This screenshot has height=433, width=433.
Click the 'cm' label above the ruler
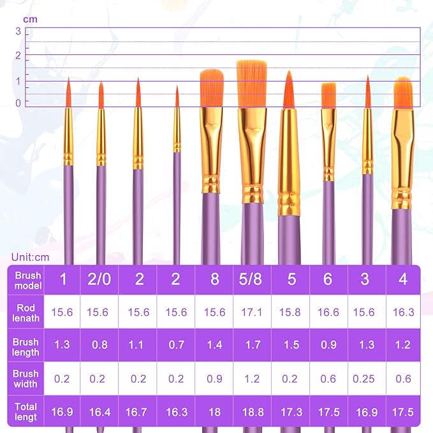30,19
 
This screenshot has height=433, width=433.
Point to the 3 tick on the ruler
18,31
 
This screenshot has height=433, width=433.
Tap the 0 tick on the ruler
18,103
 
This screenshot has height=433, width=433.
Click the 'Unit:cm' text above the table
30,257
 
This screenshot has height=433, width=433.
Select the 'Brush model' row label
26,281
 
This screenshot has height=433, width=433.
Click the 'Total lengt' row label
26,411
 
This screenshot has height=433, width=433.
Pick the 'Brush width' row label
26,379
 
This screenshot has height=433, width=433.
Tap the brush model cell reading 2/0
100,280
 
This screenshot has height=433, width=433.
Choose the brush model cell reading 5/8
252,280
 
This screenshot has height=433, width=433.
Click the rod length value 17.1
252,312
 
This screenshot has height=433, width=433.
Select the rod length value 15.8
290,312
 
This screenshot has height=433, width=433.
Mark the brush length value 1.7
252,345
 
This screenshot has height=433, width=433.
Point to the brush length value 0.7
176,345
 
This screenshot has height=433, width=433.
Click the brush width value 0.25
365,379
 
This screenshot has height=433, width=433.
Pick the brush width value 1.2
252,379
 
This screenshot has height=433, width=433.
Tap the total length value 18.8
252,412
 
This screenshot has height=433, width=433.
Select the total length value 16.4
100,412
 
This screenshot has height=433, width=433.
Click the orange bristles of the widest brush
251,84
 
